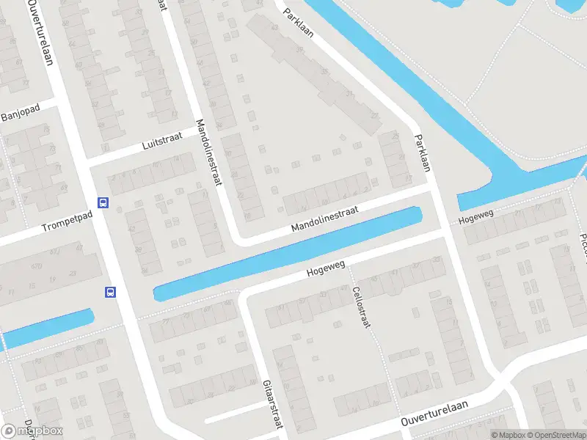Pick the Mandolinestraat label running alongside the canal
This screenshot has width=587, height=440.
324,220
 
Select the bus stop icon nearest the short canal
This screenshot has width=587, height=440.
110,293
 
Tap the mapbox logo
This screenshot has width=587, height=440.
31,431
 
